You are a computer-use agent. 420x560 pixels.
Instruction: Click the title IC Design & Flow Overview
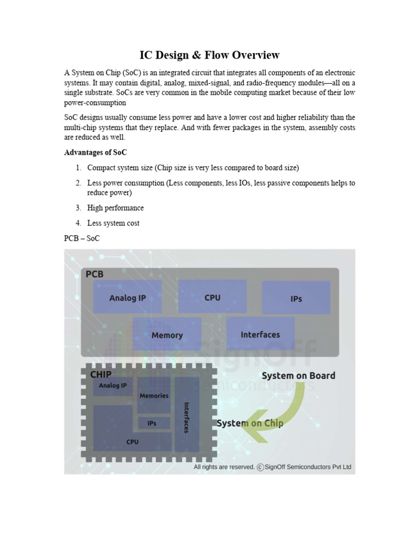[x=209, y=55]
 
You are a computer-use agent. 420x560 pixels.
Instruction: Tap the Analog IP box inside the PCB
[x=127, y=297]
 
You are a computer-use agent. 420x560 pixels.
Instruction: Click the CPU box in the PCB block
[x=212, y=297]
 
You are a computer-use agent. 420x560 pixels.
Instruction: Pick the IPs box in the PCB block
[x=296, y=298]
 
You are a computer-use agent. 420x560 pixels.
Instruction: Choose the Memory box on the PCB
[x=167, y=335]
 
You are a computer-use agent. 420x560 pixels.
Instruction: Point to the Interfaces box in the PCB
[x=260, y=334]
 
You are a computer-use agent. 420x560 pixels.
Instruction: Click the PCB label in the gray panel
[x=95, y=275]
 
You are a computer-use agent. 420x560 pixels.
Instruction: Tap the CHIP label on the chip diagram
[x=101, y=375]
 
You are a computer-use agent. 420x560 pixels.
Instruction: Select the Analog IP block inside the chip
[x=113, y=386]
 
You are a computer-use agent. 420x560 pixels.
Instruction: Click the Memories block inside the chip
[x=154, y=395]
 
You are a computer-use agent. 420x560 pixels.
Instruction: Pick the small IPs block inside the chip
[x=152, y=423]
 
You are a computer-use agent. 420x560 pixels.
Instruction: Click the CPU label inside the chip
[x=132, y=442]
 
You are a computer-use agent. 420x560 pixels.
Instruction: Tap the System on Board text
[x=298, y=376]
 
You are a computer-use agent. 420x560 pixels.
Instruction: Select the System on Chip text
[x=250, y=423]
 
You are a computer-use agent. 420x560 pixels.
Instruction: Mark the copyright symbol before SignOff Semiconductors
[x=260, y=467]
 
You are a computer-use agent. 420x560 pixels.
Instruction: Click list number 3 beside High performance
[x=79, y=208]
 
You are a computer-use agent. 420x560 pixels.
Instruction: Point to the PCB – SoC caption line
[x=82, y=238]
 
